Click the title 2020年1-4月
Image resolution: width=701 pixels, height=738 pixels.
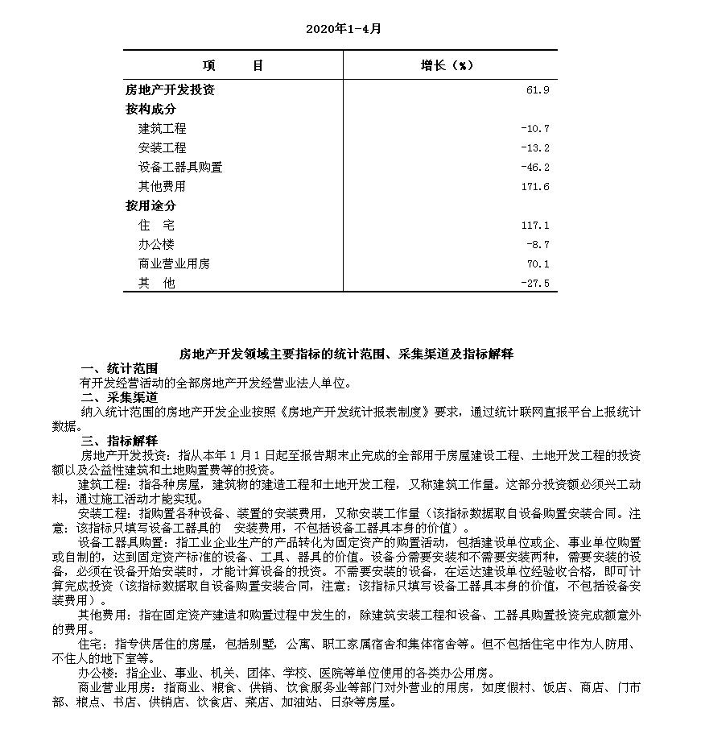343,29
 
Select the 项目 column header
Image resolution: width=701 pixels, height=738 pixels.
233,66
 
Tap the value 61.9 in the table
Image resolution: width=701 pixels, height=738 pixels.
538,90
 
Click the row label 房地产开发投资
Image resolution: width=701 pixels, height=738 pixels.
170,90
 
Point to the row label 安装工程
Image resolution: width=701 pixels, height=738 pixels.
162,147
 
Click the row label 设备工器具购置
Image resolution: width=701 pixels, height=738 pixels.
180,167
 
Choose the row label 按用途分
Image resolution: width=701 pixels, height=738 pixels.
150,205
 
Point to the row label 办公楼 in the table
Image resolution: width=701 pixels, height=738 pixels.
156,244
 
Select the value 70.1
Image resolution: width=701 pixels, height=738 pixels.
538,263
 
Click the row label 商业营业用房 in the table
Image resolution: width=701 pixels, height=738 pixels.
174,263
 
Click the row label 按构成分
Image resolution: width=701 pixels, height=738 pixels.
150,109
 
